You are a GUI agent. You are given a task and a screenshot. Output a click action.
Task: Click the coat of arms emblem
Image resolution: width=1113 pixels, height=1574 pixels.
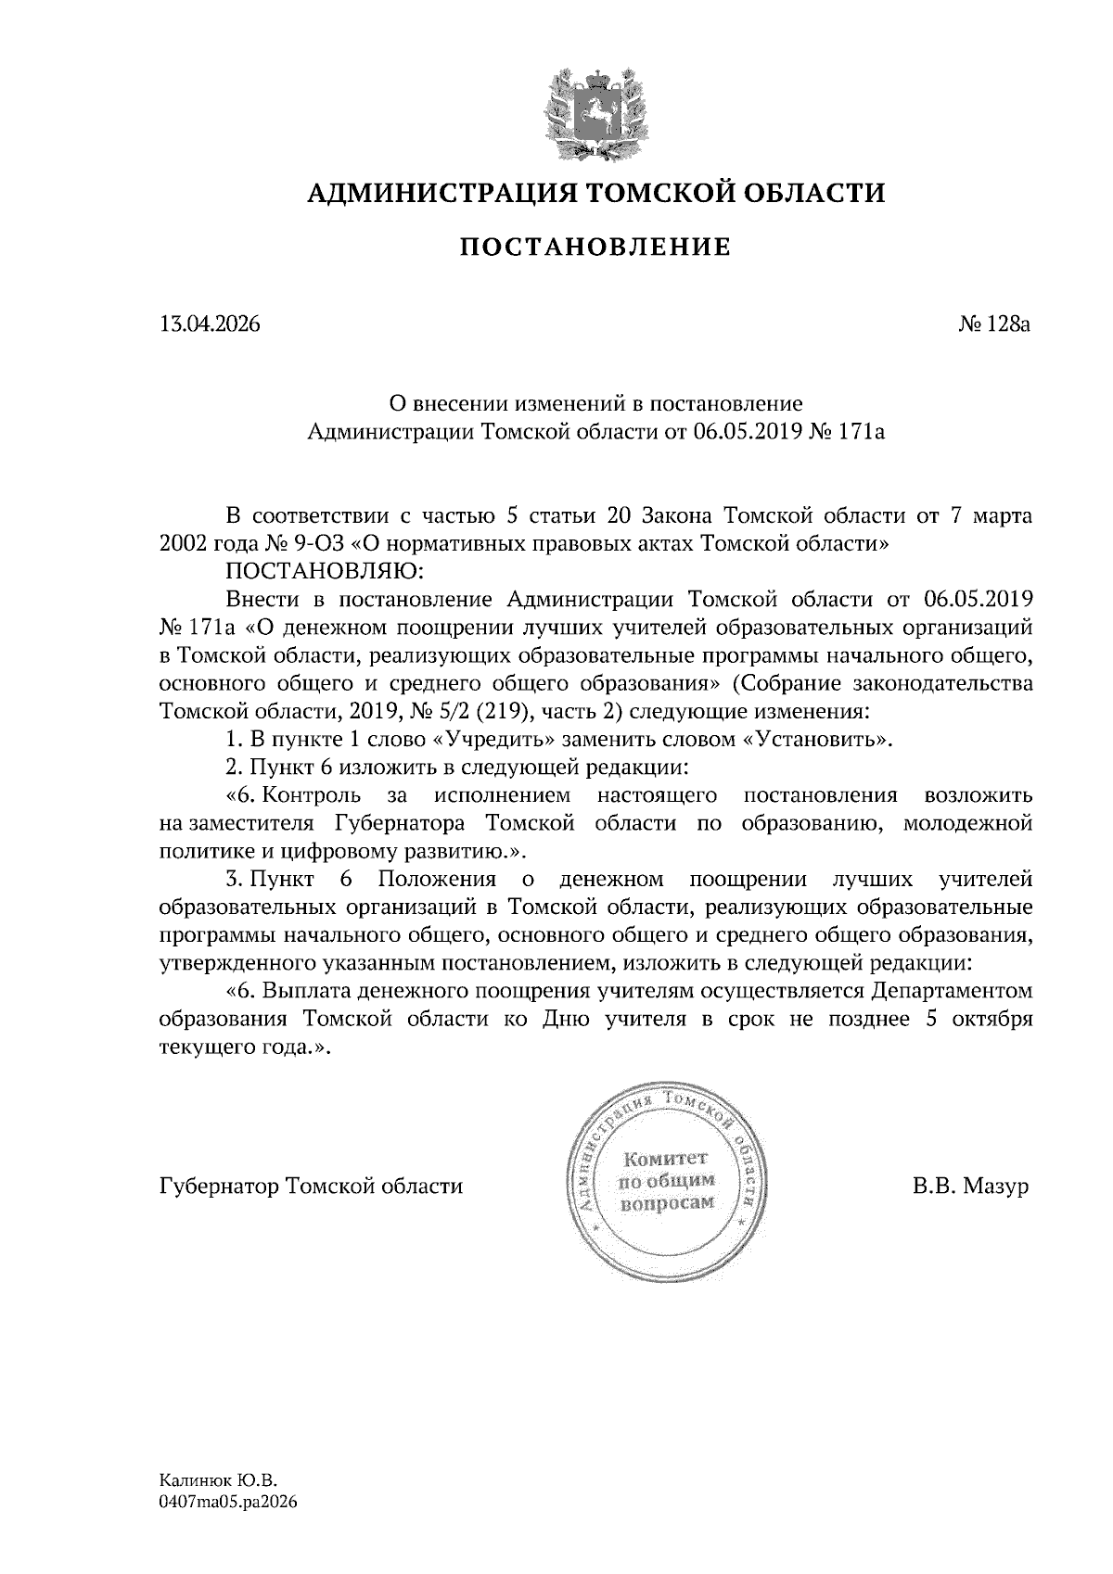click(x=594, y=108)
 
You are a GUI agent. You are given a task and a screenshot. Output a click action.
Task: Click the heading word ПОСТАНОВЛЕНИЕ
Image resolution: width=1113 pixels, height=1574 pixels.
click(x=596, y=248)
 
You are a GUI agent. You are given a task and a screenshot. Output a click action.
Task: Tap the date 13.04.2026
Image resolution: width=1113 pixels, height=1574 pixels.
click(x=210, y=324)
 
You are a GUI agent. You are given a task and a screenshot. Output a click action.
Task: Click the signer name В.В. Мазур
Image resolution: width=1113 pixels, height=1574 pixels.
click(x=970, y=1187)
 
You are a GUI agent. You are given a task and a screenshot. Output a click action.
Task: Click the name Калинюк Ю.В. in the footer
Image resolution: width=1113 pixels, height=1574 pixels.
click(x=219, y=1481)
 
